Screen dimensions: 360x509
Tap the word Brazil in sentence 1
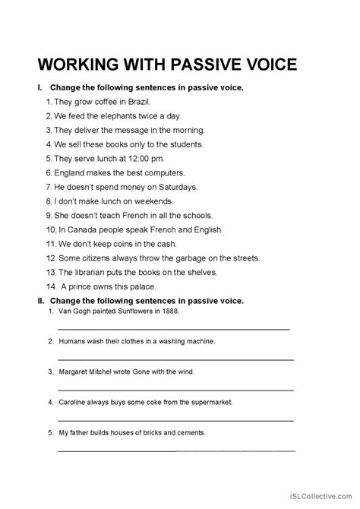pyautogui.click(x=137, y=102)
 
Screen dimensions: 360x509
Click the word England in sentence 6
pyautogui.click(x=71, y=172)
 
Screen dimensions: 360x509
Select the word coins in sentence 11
pyautogui.click(x=122, y=244)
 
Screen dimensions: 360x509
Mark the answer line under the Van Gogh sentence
pyautogui.click(x=174, y=329)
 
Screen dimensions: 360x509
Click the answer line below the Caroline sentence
pyautogui.click(x=175, y=419)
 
